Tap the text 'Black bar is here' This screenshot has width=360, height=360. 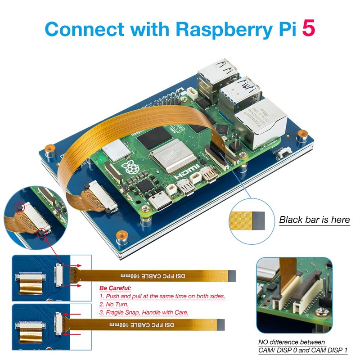tap(314, 220)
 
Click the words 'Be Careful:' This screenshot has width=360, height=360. tap(115, 288)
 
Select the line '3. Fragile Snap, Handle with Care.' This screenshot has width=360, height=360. tap(144, 312)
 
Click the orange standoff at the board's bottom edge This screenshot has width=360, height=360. tap(120, 236)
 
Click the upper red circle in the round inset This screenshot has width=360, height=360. tap(19, 207)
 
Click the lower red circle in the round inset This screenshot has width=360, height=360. tap(42, 232)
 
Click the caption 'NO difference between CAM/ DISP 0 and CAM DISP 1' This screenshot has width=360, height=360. tap(303, 346)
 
